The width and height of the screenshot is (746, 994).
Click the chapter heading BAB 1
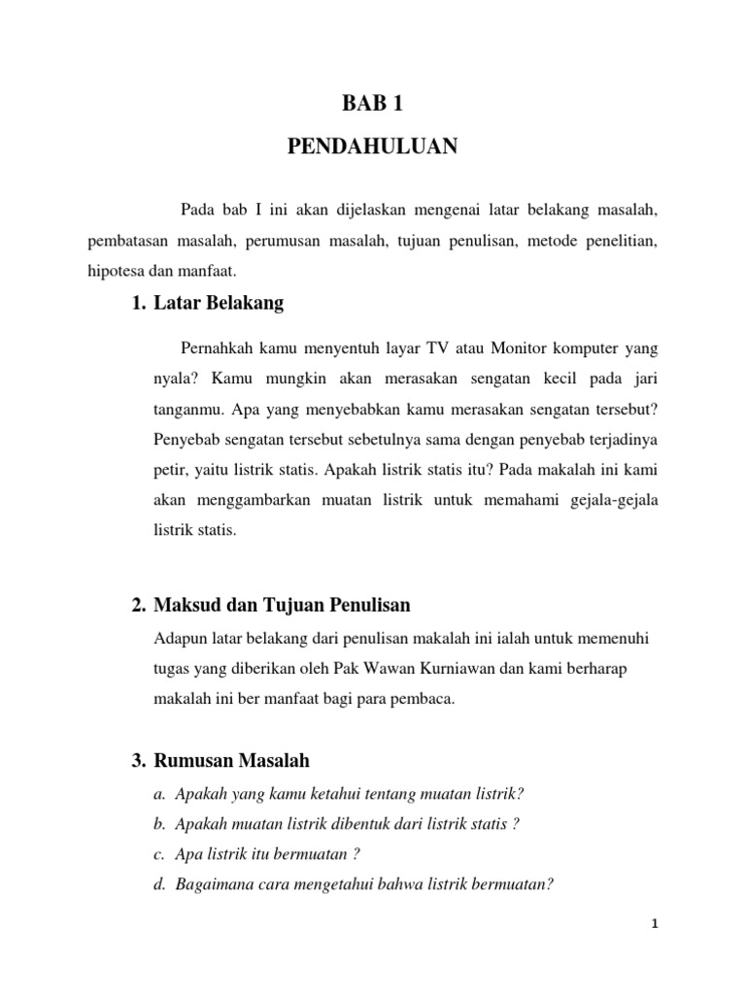372,104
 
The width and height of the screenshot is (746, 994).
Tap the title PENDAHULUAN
372,148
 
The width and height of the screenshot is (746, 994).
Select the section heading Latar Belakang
219,304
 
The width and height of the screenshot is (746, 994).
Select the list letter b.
158,824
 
